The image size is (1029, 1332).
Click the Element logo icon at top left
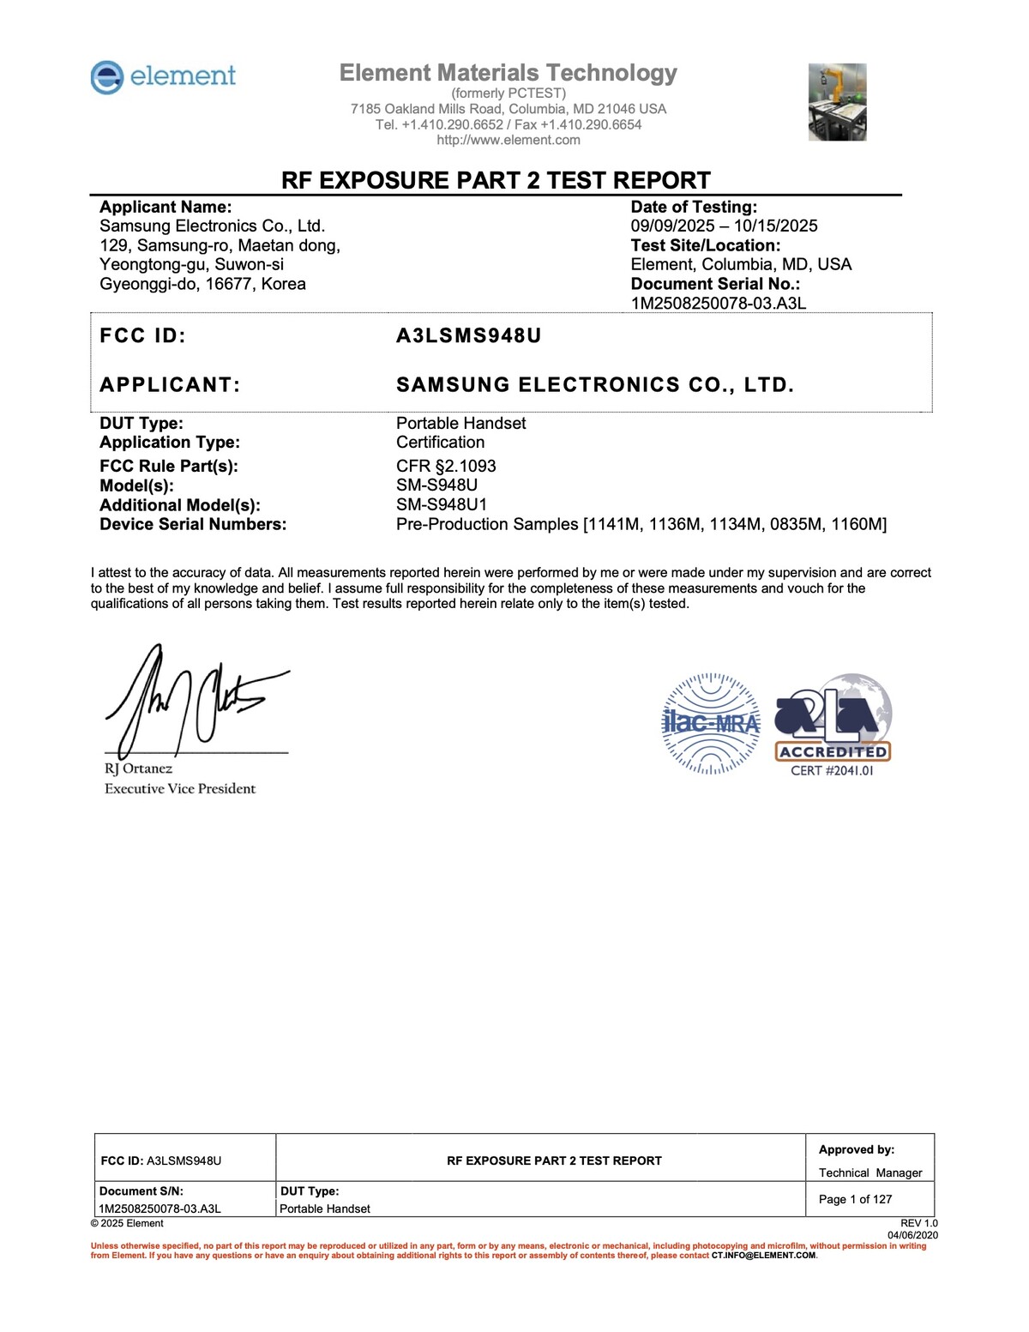pyautogui.click(x=107, y=77)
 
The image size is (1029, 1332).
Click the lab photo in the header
pyautogui.click(x=837, y=102)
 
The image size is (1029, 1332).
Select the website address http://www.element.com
pyautogui.click(x=508, y=140)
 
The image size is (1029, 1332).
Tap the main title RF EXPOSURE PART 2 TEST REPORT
pyautogui.click(x=496, y=180)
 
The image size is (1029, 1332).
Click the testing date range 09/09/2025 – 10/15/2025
pyautogui.click(x=724, y=226)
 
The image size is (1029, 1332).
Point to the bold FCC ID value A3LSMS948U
pyautogui.click(x=468, y=335)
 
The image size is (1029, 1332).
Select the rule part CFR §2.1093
pyautogui.click(x=446, y=466)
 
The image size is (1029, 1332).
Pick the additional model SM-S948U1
pyautogui.click(x=441, y=504)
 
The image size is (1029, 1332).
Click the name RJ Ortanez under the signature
pyautogui.click(x=138, y=768)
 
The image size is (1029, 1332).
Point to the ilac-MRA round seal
pyautogui.click(x=711, y=723)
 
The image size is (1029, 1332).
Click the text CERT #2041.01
pyautogui.click(x=832, y=770)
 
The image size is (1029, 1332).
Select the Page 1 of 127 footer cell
pyautogui.click(x=855, y=1199)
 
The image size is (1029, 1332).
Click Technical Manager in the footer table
pyautogui.click(x=870, y=1172)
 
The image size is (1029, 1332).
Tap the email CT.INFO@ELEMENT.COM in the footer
pyautogui.click(x=763, y=1256)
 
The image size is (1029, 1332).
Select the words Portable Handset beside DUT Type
pyautogui.click(x=460, y=423)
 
